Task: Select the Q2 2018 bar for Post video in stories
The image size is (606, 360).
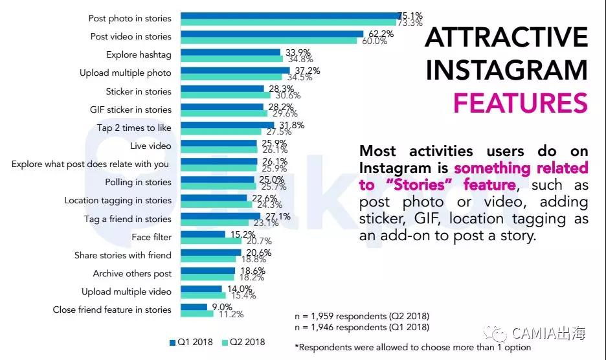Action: [x=268, y=41]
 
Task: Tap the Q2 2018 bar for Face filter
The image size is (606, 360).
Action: [x=210, y=241]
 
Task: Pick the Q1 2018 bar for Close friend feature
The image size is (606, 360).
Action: [x=194, y=307]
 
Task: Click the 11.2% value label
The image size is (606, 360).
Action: [x=230, y=315]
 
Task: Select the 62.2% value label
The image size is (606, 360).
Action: [x=377, y=33]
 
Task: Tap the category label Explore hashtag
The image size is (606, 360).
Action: [x=139, y=55]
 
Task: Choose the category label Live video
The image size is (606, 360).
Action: [x=150, y=146]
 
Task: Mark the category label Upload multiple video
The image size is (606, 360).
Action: [x=126, y=292]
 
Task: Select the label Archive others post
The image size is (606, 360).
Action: [x=132, y=274]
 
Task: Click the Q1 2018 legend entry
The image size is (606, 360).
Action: [x=192, y=342]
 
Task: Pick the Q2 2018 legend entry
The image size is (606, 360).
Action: [x=243, y=342]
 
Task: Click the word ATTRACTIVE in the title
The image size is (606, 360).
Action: [x=506, y=38]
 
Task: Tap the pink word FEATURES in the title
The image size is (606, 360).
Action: [x=520, y=104]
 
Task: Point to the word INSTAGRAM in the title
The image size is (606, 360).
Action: [x=506, y=71]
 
